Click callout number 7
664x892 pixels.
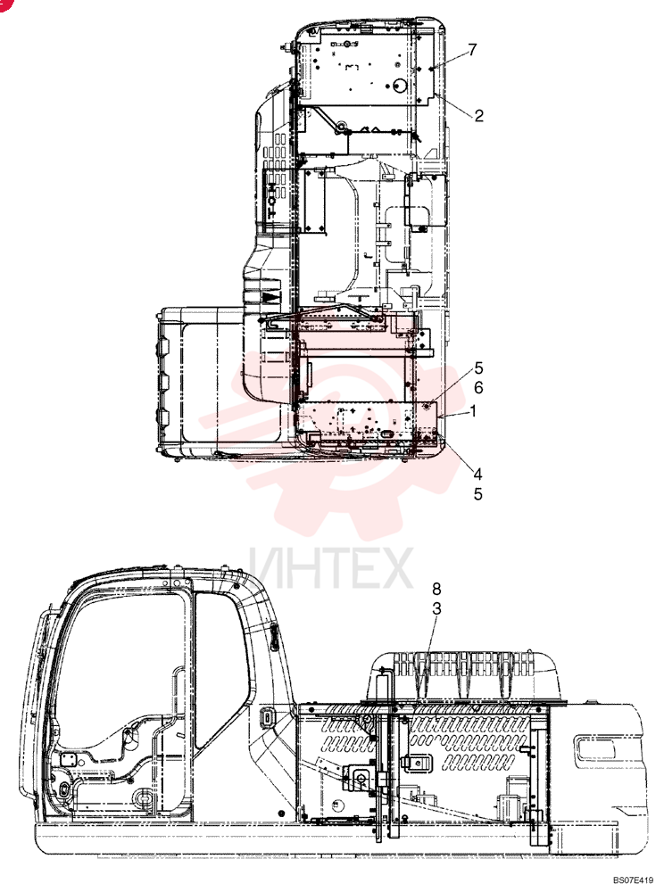472,50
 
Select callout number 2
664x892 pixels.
478,115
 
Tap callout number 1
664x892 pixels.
473,410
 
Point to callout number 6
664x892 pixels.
478,387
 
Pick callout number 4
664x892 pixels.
478,474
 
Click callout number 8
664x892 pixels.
436,588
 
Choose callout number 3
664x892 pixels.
436,608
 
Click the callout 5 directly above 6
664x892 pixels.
478,368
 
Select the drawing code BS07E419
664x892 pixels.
633,880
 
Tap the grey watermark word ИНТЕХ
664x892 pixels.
330,567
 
